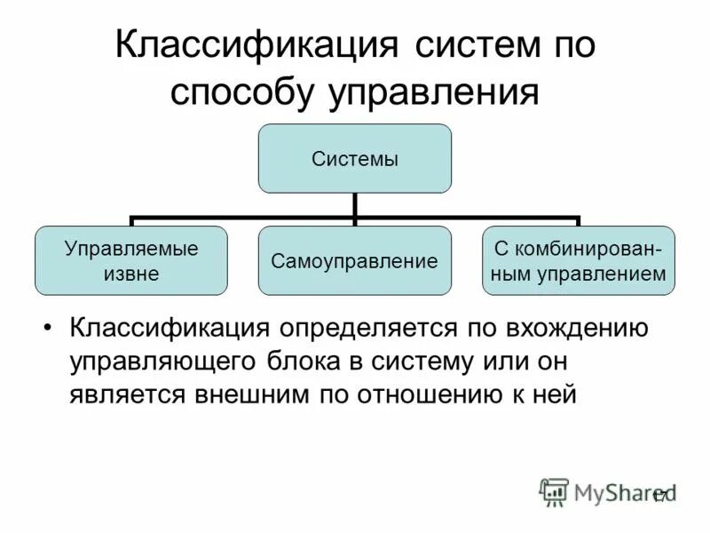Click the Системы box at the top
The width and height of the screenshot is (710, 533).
[x=354, y=159]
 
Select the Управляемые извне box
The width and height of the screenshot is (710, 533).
[x=131, y=260]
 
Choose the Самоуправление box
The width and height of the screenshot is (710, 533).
[x=354, y=261]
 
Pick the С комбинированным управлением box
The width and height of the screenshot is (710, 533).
[x=578, y=260]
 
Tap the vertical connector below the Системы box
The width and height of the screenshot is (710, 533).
[x=354, y=204]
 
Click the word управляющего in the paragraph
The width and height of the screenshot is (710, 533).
[x=161, y=362]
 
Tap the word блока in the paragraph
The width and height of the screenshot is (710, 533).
[x=306, y=362]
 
